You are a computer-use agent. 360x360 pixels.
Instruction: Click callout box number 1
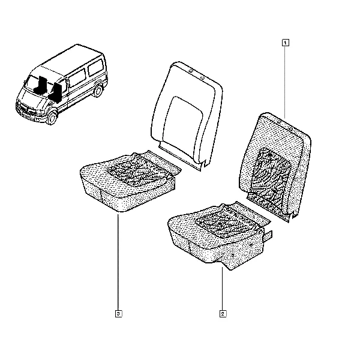(x=285, y=43)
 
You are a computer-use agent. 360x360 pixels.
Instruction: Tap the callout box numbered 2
(x=223, y=314)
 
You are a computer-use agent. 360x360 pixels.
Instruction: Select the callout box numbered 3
(x=118, y=314)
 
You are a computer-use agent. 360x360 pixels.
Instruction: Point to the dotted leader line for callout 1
(x=285, y=82)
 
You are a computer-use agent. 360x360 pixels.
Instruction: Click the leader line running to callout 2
(x=222, y=289)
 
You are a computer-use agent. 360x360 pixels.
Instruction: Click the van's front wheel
(x=52, y=118)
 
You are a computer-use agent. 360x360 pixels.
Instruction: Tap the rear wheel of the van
(x=98, y=91)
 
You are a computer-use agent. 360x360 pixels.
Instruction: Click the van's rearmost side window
(x=96, y=67)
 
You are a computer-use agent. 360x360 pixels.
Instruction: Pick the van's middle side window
(x=77, y=78)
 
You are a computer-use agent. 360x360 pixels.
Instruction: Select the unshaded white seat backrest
(x=187, y=115)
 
